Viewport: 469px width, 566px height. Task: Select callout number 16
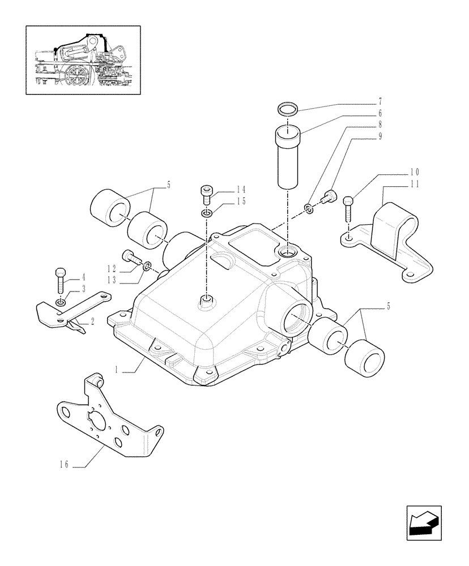65,465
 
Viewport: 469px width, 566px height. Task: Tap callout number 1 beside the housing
116,371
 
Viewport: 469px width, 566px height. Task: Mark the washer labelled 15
207,213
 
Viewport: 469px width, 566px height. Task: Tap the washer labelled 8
309,210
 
